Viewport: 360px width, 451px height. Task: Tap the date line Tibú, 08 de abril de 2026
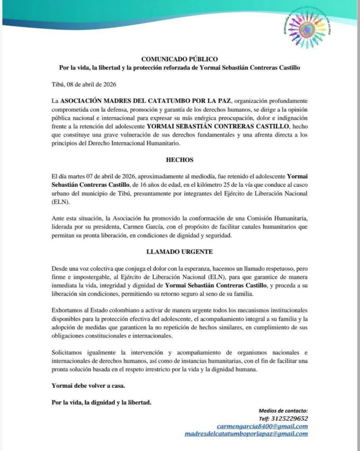[x=84, y=84]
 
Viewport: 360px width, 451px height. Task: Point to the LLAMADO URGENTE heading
[x=179, y=251]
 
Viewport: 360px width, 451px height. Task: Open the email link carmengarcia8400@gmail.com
[x=262, y=426]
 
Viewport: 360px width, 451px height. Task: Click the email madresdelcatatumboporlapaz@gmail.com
[x=246, y=434]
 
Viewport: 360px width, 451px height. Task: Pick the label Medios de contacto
[x=283, y=410]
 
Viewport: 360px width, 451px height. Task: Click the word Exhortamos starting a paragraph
[x=69, y=311]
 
